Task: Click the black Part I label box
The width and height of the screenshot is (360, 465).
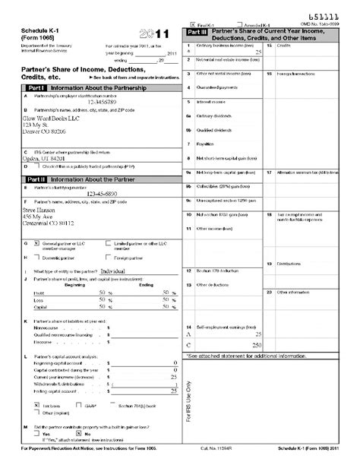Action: tap(36, 87)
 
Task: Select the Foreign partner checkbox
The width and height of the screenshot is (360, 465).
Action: tap(109, 258)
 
